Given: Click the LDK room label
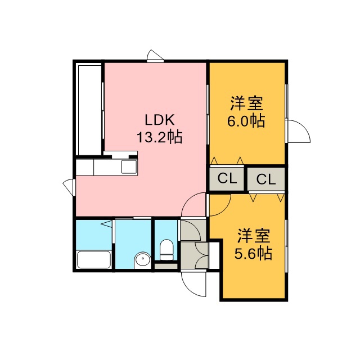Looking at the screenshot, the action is [159, 120].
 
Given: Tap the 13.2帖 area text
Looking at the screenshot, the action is [159, 137].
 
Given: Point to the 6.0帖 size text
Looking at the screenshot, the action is [246, 121].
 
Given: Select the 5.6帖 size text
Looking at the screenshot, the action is [253, 253].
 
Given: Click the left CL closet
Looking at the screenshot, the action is [227, 178].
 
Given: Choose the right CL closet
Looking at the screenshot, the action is [266, 179].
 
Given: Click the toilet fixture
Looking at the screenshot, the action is [166, 250].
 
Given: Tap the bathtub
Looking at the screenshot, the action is [94, 259].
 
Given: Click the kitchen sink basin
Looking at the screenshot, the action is [129, 166].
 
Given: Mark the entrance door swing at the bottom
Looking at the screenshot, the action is [193, 284].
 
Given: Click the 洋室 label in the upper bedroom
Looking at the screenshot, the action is [246, 103].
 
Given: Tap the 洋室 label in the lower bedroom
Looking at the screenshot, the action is [254, 236].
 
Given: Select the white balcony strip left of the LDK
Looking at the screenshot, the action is [90, 110].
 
